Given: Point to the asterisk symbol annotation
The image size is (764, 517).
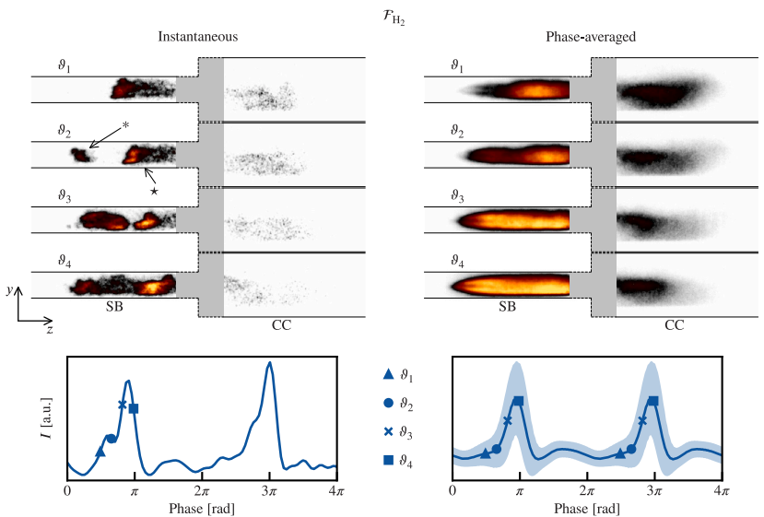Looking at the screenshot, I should click(x=125, y=123).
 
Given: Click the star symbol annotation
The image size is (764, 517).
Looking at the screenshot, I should click(x=154, y=191).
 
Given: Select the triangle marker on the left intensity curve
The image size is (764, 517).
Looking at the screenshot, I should click(x=100, y=451).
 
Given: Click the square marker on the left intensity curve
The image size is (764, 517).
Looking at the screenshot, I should click(x=134, y=408).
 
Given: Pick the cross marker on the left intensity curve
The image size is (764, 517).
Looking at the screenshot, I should click(x=123, y=405).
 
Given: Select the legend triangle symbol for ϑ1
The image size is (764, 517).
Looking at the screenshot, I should click(x=388, y=374).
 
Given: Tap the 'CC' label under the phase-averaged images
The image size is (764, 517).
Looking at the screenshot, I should click(x=675, y=326).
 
